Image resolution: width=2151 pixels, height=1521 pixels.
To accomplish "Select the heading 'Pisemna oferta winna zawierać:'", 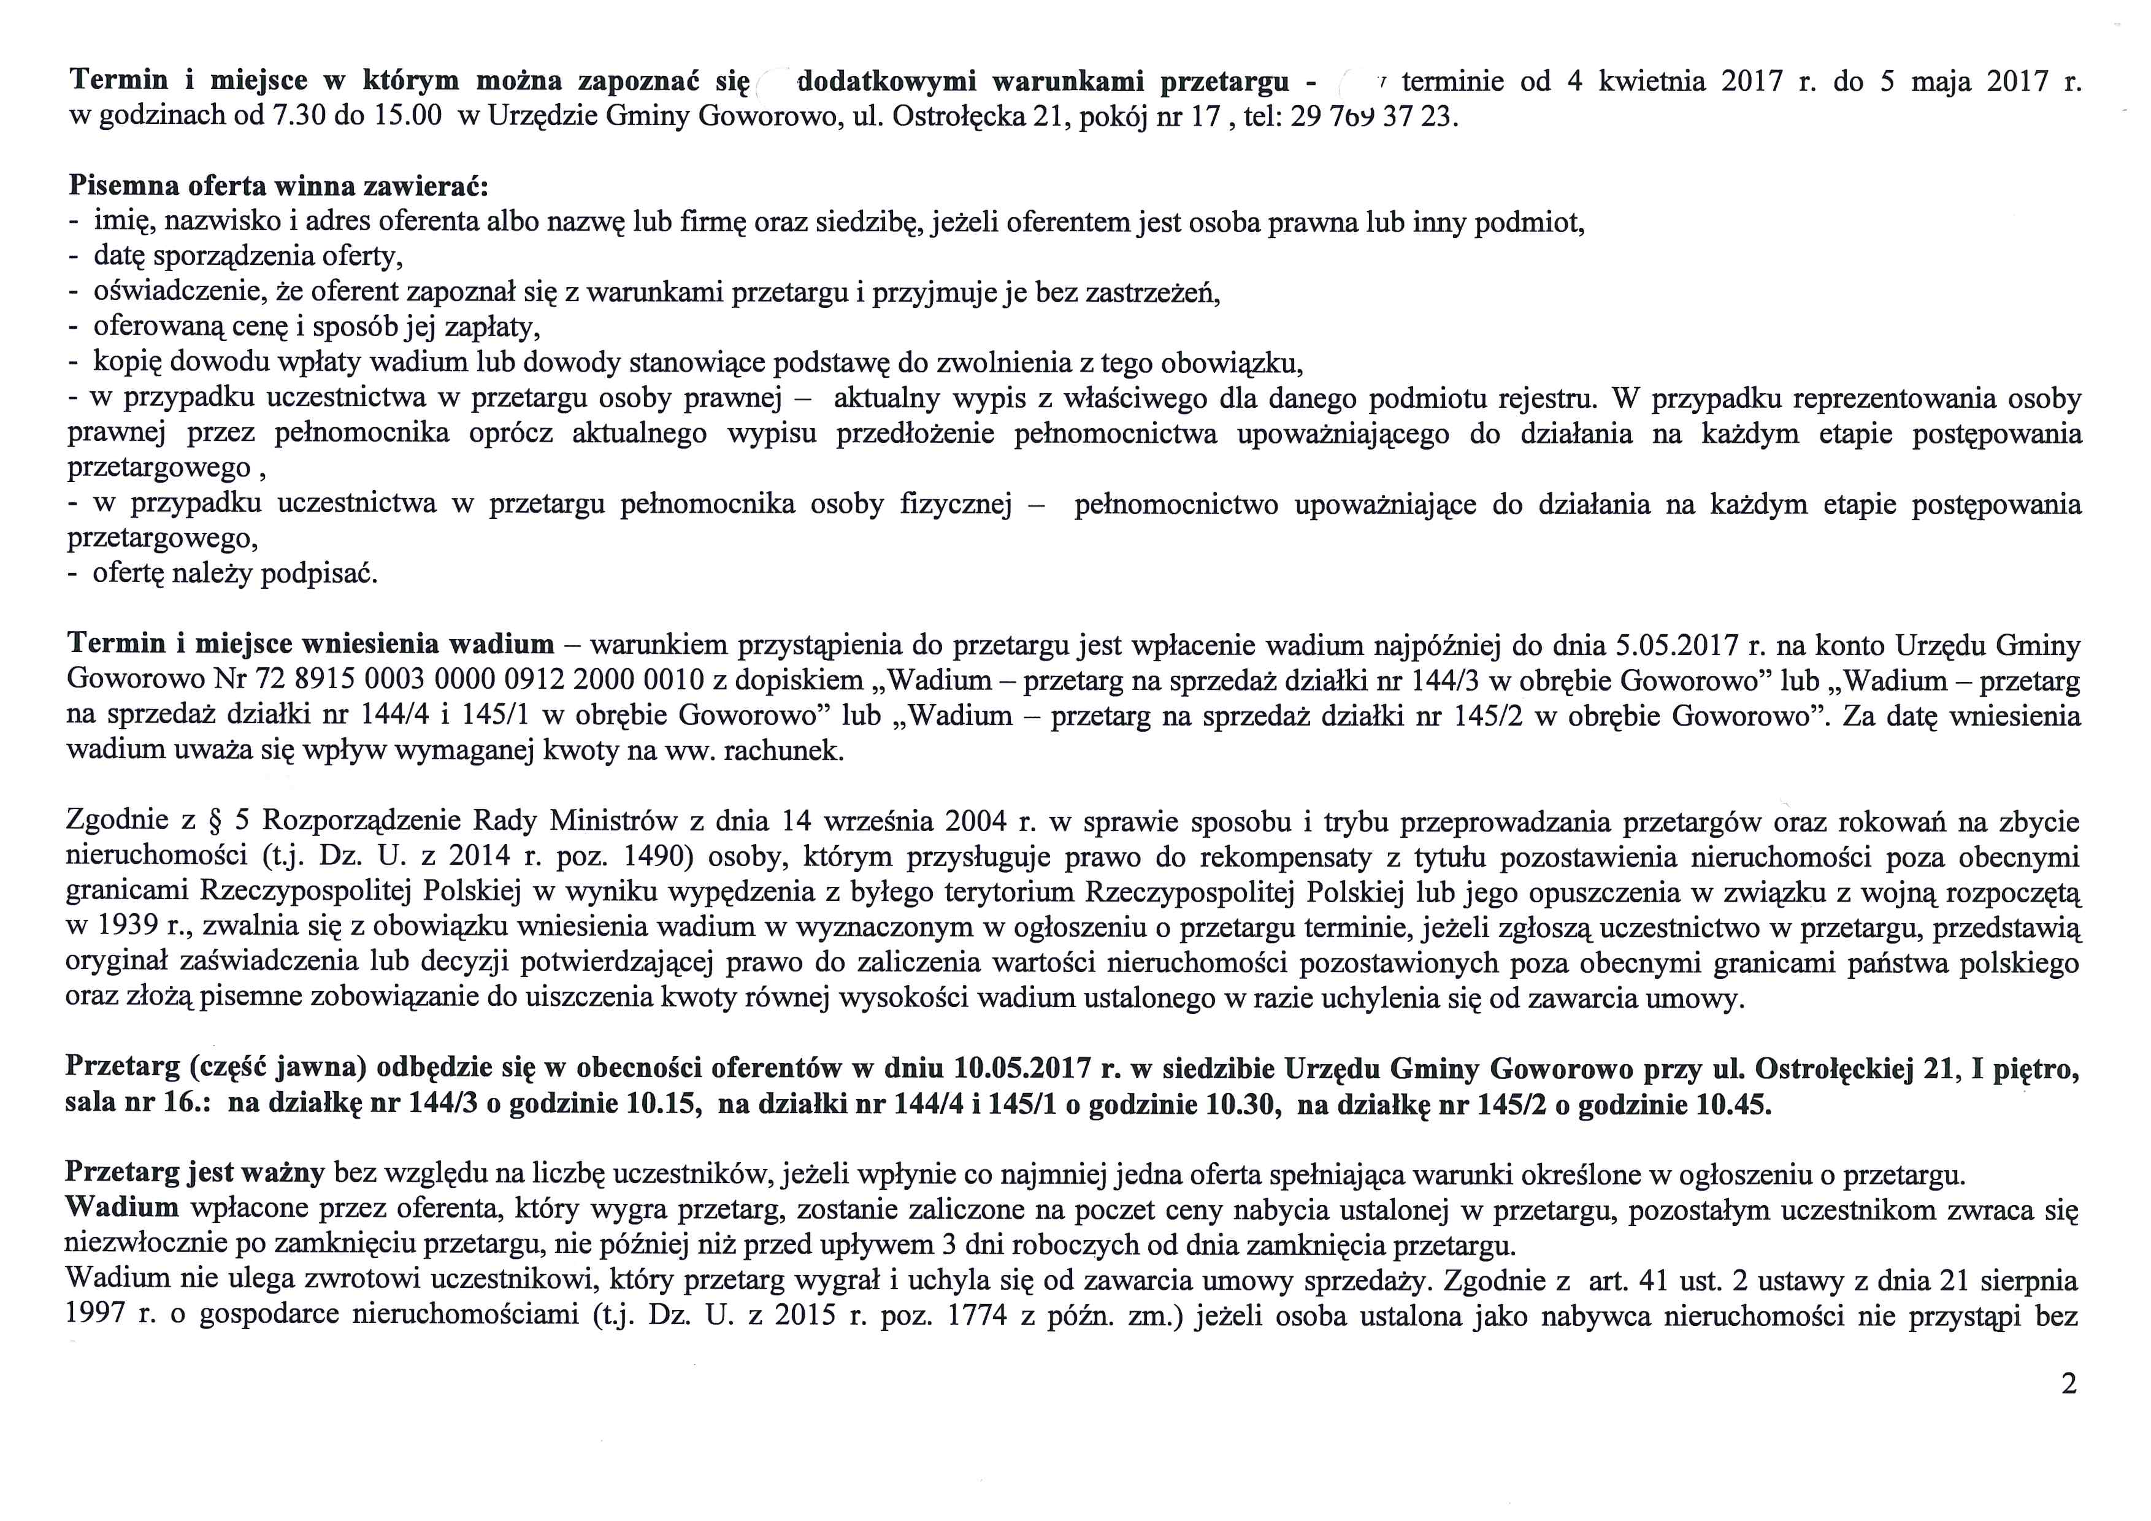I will pos(279,185).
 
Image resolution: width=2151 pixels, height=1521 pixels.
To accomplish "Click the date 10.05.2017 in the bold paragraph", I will pos(1026,1068).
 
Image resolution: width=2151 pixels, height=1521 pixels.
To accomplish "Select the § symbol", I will pos(213,821).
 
